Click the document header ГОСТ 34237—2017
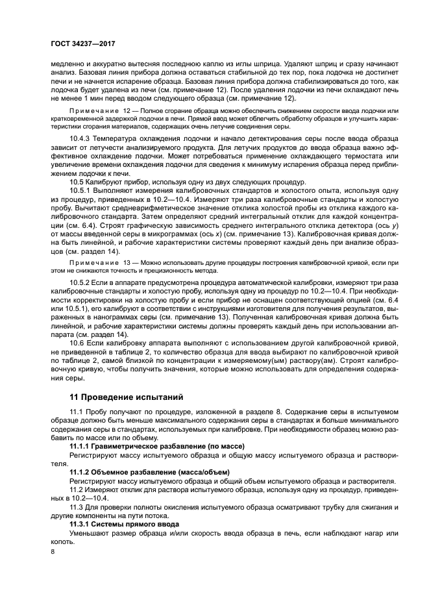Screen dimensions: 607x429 79,44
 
